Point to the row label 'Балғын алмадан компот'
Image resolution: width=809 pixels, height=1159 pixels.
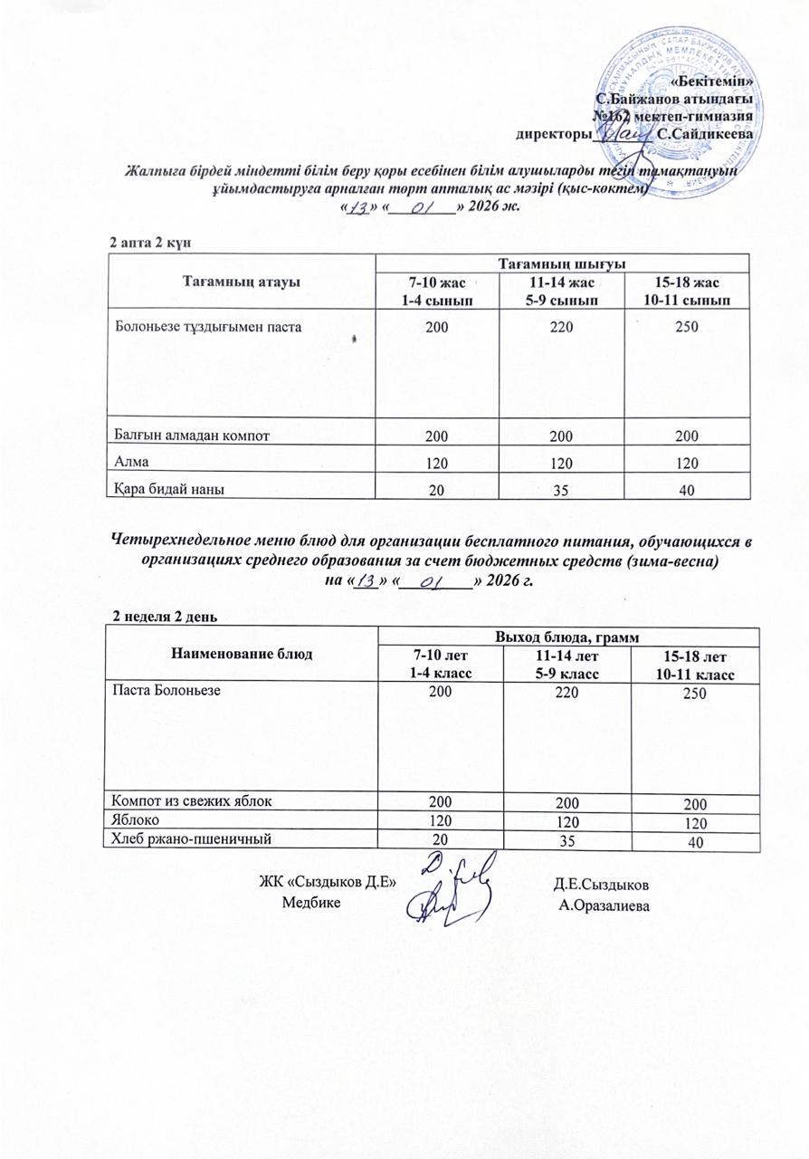point(192,436)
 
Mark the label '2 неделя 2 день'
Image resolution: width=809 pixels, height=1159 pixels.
point(164,617)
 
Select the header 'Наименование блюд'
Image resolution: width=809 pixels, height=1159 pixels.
point(243,654)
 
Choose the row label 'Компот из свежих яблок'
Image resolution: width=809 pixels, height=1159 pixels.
point(190,800)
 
